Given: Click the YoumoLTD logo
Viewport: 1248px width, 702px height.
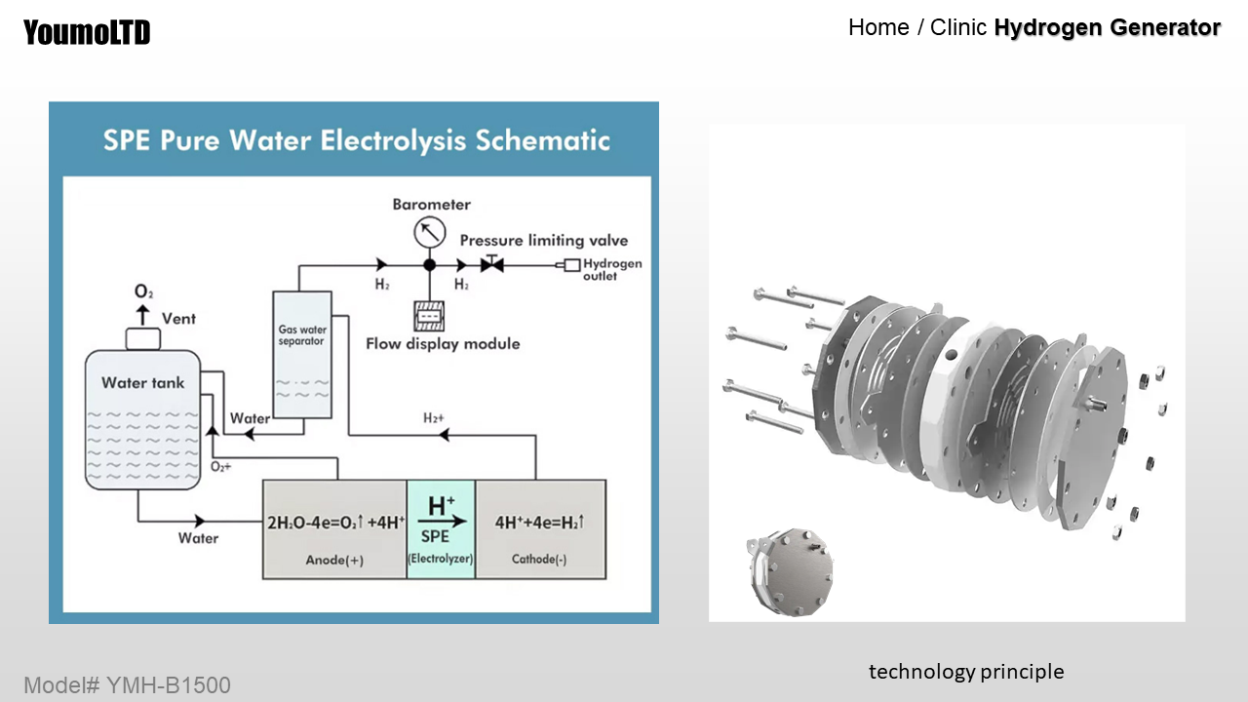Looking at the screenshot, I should [87, 32].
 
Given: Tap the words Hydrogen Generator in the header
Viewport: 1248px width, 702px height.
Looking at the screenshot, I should [1107, 28].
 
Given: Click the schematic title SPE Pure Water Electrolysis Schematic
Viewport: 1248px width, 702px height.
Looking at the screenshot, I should [357, 140].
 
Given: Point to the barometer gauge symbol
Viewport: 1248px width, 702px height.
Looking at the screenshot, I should [428, 232].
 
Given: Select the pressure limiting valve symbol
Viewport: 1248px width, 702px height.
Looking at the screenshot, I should [492, 264].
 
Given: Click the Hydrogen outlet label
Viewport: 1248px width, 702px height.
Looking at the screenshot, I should [611, 270].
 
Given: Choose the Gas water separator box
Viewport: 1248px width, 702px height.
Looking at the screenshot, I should [302, 355].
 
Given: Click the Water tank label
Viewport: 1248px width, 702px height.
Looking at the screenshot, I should [142, 383].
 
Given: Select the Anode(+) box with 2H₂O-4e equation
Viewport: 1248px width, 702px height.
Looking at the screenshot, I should [334, 529].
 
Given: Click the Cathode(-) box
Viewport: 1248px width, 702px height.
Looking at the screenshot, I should [540, 529].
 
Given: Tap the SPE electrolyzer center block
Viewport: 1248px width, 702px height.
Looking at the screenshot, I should [441, 529].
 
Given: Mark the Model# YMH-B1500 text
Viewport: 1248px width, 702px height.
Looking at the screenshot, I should [127, 685].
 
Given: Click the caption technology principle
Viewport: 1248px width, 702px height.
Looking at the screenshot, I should [966, 672].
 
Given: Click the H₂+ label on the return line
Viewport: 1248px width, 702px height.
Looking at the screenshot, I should [434, 417].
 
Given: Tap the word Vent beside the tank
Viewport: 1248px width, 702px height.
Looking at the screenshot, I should [178, 318].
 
